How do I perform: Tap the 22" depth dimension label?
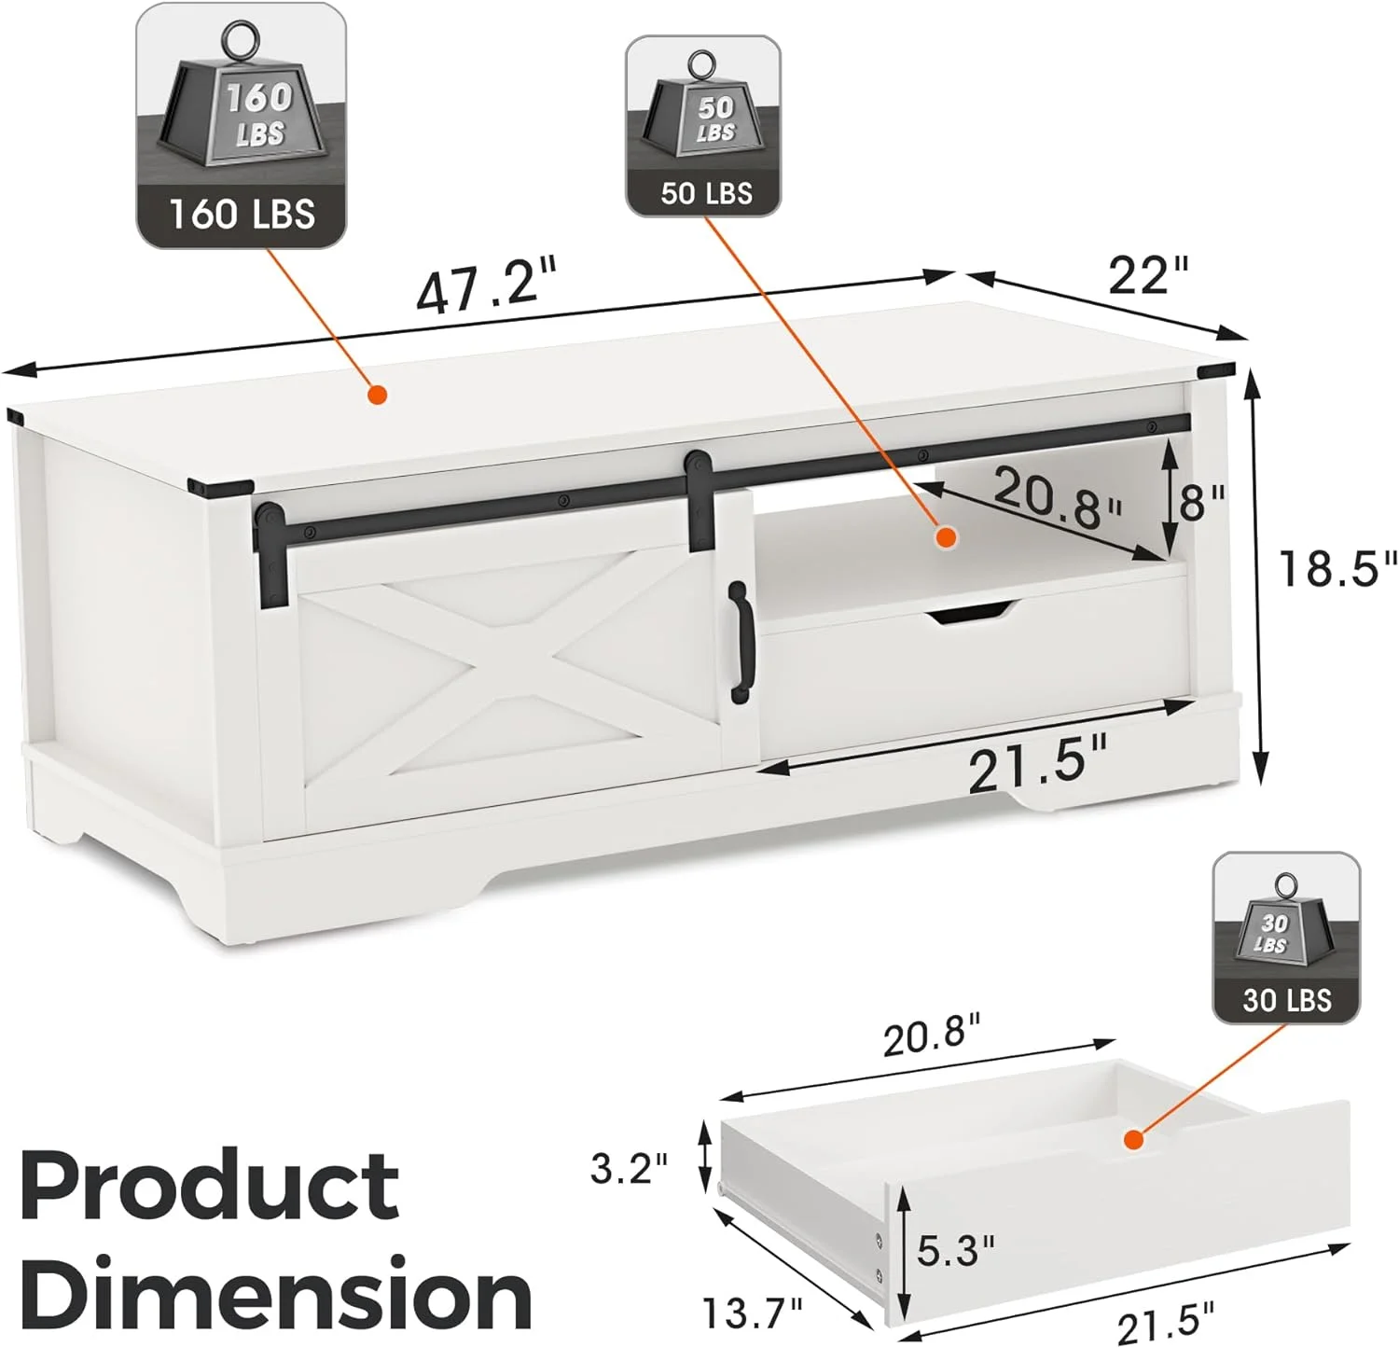coord(1148,275)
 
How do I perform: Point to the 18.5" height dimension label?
coord(1337,568)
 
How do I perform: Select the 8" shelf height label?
coord(1202,503)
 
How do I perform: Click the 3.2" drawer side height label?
coord(629,1167)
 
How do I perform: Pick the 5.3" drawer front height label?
coord(956,1250)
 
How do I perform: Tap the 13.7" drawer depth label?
coord(752,1313)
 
